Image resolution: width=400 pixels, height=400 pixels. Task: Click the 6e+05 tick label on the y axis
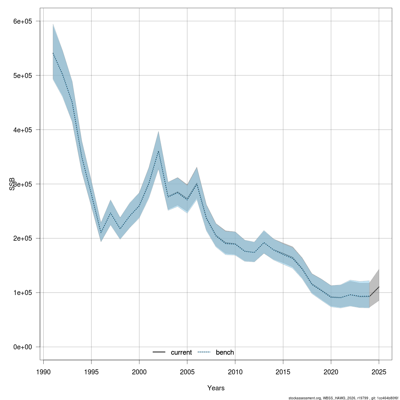pos(22,21)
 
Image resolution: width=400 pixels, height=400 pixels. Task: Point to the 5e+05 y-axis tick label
pos(22,76)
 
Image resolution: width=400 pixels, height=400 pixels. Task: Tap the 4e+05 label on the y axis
pos(22,130)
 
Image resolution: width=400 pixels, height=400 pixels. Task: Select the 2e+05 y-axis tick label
pos(22,239)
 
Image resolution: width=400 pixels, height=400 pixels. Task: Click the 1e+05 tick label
pos(22,293)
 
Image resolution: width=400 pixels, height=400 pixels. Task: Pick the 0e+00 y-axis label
pos(22,347)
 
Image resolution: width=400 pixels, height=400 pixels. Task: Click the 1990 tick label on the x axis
pos(43,372)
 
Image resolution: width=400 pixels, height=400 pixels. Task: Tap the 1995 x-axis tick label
pos(91,372)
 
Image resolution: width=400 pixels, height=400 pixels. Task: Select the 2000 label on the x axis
pos(139,372)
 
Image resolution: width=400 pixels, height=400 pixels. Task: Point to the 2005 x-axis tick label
pos(187,372)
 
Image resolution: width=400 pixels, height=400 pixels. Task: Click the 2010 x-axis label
pos(235,372)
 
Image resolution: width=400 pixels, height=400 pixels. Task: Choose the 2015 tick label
pos(283,372)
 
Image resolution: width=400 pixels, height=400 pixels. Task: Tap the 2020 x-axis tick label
pos(331,372)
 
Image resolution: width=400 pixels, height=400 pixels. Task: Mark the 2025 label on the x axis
pos(379,372)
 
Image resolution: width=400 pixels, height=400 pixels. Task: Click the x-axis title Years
pos(216,388)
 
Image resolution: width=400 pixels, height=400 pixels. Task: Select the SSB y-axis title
pos(12,184)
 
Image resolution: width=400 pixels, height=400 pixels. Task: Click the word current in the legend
pos(181,353)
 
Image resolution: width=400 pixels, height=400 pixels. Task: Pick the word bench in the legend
pos(225,353)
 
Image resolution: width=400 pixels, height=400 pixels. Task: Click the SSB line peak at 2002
pos(158,151)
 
